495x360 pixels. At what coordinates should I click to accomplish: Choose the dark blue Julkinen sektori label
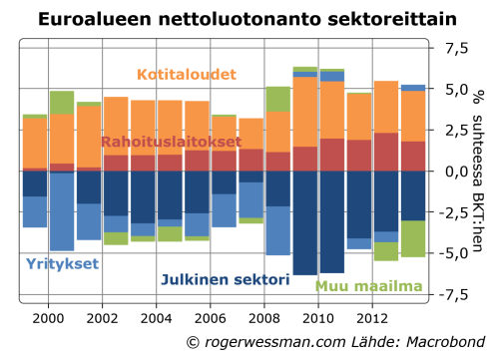point(226,280)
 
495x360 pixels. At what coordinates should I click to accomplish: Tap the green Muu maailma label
point(368,286)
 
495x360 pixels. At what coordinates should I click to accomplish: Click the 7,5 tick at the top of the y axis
point(455,48)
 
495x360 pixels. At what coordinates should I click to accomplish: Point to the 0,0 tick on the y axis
point(455,172)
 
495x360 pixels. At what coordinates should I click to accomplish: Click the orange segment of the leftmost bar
point(35,143)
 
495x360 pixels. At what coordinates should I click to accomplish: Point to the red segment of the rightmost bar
point(413,156)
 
